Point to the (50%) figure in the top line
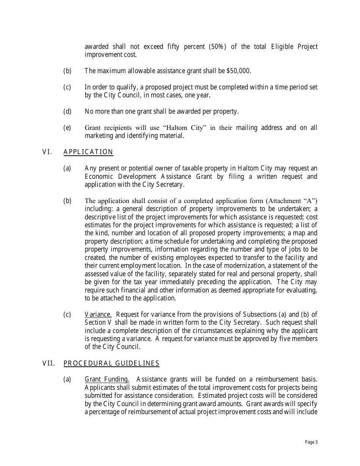coord(217,47)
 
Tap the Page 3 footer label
coord(311,442)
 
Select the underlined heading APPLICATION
coord(88,152)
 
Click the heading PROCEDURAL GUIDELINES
coord(111,363)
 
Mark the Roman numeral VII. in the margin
coord(49,363)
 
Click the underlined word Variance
coord(98,314)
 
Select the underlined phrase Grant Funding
coord(107,379)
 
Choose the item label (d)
coord(67,111)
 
